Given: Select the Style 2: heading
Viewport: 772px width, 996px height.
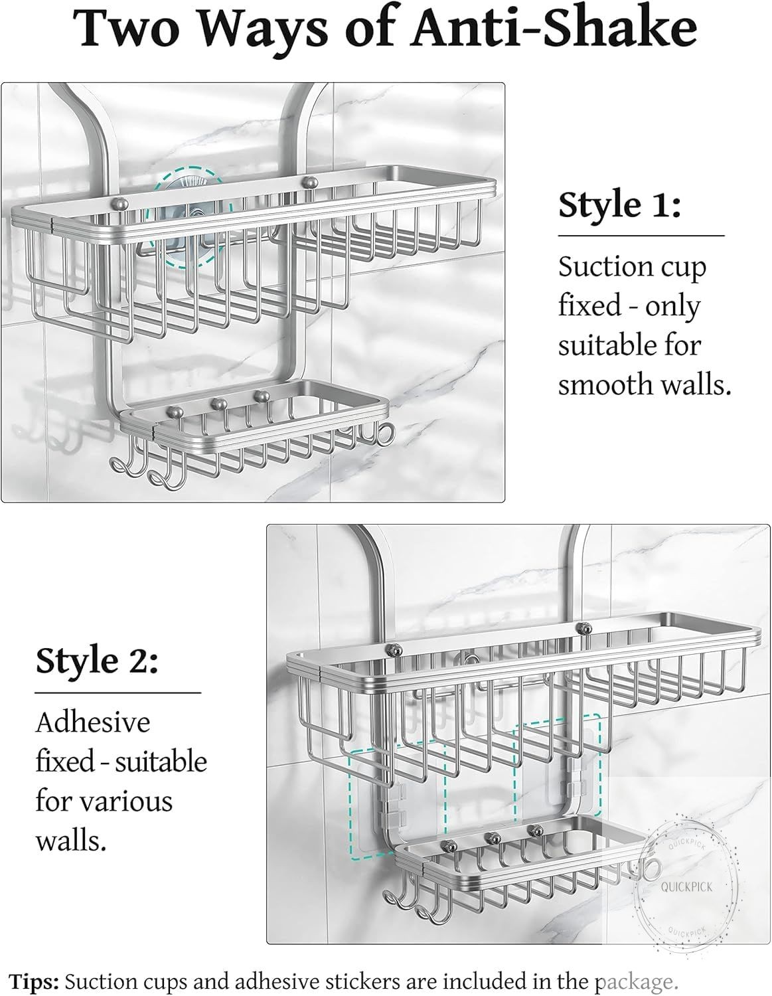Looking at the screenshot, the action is coord(97,661).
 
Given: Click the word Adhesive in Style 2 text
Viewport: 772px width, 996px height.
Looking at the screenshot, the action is coord(93,722).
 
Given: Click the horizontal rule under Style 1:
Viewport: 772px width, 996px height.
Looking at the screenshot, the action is coord(641,235).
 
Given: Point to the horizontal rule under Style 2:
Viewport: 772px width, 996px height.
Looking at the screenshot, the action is coord(118,693).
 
